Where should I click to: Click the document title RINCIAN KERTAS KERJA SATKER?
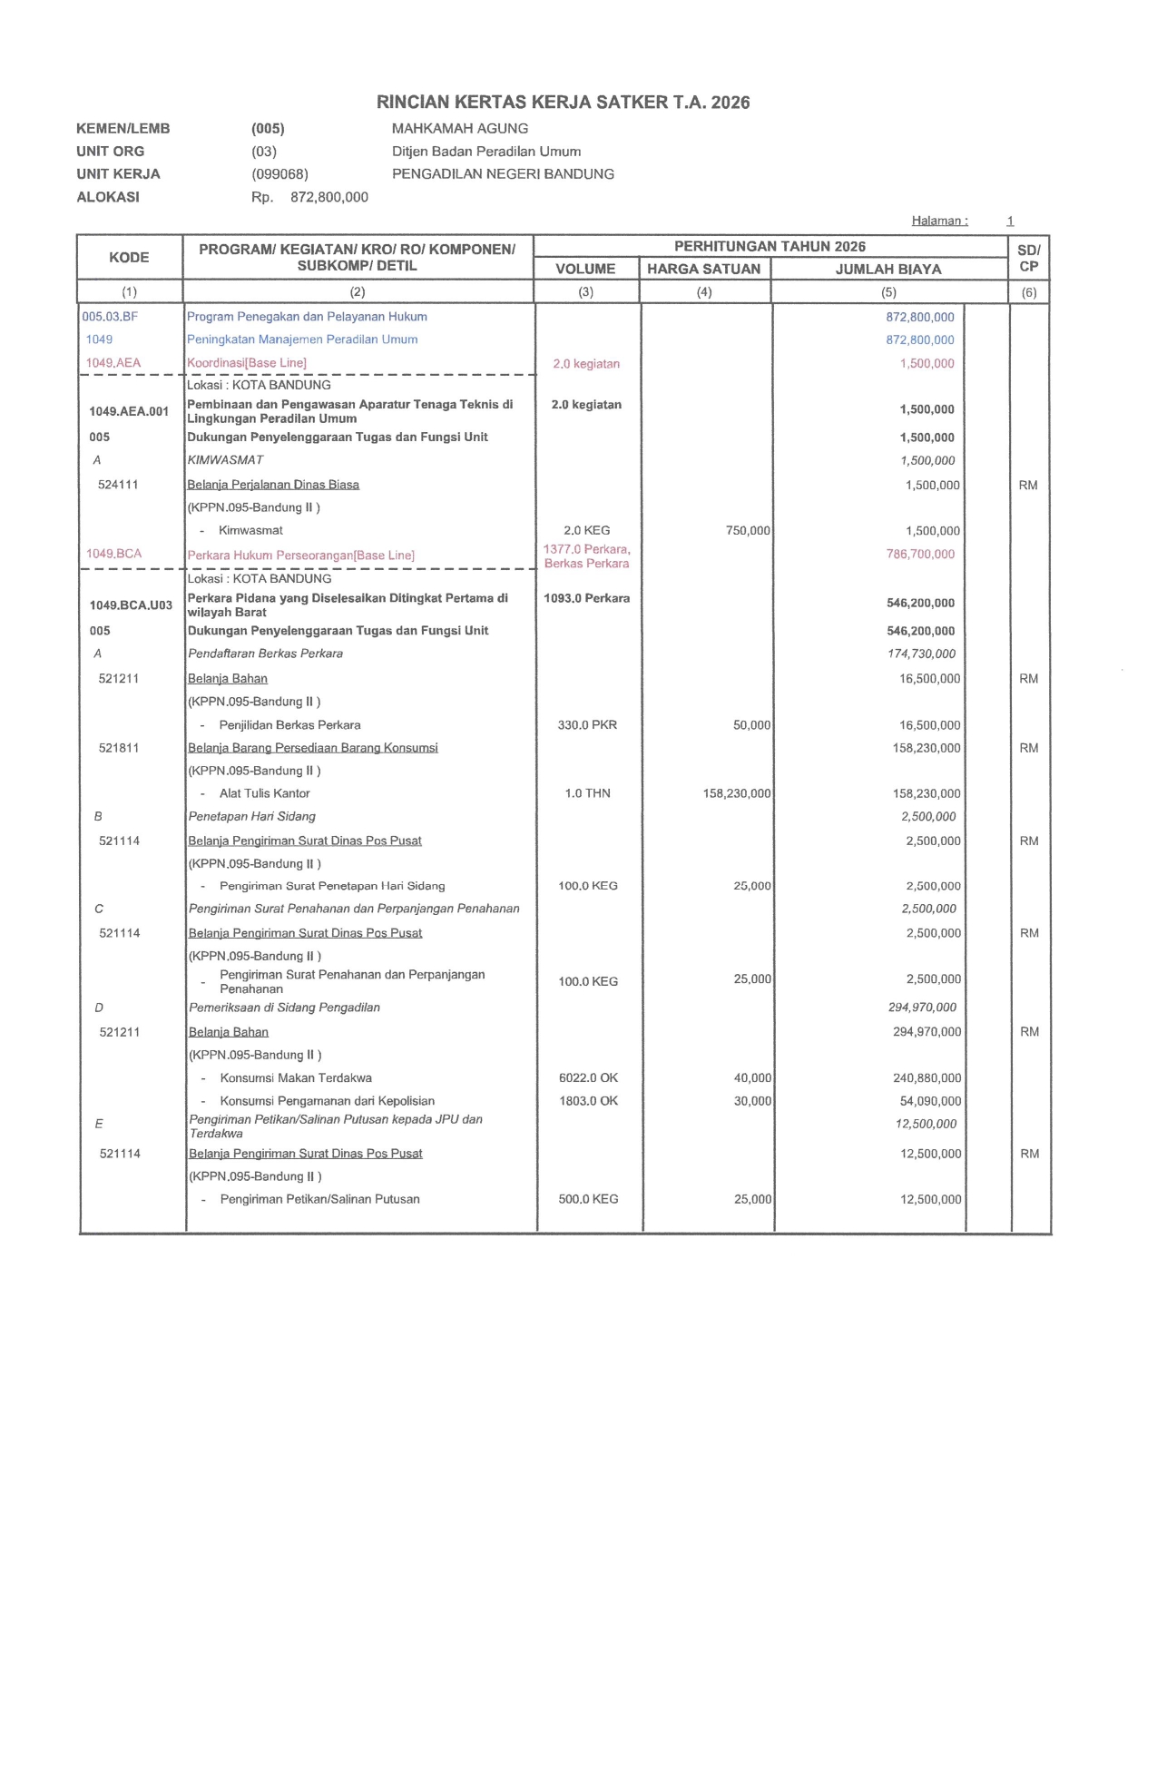pos(563,103)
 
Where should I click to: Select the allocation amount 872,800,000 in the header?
pos(328,197)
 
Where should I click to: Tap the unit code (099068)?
pos(279,174)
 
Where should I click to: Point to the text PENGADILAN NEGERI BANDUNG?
pos(503,174)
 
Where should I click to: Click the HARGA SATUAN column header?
pos(703,269)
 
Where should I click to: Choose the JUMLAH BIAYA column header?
pos(887,269)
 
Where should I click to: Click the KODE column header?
pos(129,258)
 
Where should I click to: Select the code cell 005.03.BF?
pos(110,317)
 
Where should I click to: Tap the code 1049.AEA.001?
pos(129,411)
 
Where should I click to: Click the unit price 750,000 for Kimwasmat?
pos(748,531)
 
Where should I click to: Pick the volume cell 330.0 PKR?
pos(587,725)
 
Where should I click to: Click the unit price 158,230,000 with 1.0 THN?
pos(736,793)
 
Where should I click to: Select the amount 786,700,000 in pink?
pos(920,555)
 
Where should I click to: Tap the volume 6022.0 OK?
pos(588,1078)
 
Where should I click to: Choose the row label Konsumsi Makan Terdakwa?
pos(296,1078)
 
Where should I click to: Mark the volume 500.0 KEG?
pos(588,1199)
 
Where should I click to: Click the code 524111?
pos(118,485)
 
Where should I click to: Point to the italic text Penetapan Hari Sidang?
pos(252,817)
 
